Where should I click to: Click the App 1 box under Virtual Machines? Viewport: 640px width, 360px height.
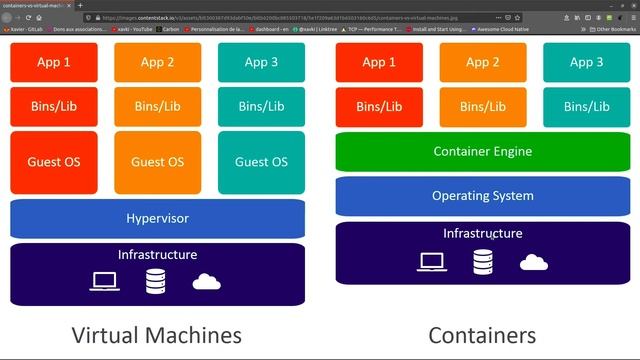click(x=53, y=63)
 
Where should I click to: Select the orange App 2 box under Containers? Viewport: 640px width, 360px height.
click(x=482, y=63)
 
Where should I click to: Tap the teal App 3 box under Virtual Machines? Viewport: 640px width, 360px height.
click(x=261, y=63)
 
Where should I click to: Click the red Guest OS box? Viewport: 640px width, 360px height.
click(x=53, y=162)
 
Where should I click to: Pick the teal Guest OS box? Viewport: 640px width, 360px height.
click(x=261, y=162)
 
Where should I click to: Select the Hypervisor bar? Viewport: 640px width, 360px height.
click(x=157, y=218)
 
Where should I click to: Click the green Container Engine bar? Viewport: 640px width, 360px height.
click(x=482, y=152)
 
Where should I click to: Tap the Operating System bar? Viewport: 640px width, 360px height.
click(x=482, y=196)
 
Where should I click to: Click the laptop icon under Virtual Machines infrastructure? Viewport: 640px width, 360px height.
click(x=105, y=282)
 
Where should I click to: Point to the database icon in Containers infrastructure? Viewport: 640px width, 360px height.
click(x=483, y=262)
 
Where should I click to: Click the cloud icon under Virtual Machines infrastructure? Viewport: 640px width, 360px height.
click(x=206, y=282)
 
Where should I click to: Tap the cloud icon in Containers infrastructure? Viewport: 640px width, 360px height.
click(x=534, y=262)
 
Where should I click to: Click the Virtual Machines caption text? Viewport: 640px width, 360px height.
click(x=157, y=334)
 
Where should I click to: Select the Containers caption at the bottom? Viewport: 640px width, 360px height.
click(x=482, y=334)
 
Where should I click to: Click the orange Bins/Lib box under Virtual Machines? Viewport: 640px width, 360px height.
click(x=157, y=106)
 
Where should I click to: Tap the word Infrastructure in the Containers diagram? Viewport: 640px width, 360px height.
click(x=482, y=234)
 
